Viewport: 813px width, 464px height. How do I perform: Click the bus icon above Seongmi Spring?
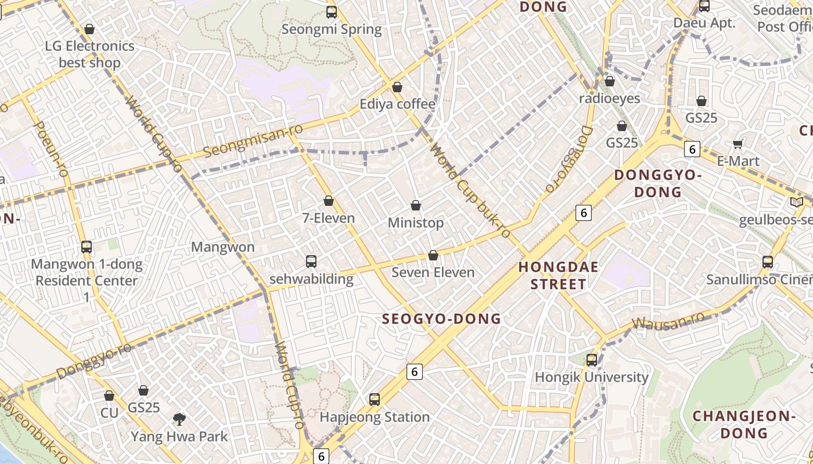pos(332,12)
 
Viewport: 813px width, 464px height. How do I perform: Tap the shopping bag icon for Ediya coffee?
pos(397,88)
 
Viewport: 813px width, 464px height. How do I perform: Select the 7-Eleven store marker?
pos(329,201)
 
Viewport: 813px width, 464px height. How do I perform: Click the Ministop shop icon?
pos(416,205)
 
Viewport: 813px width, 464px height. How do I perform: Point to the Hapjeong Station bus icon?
pos(375,400)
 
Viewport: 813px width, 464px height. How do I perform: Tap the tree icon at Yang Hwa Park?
pos(179,418)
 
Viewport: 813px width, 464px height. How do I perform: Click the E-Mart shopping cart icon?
pos(738,144)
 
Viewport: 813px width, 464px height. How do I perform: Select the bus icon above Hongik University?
pos(592,360)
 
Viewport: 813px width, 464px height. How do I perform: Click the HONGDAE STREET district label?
pos(552,275)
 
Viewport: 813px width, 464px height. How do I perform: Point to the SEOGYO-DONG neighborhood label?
pos(441,318)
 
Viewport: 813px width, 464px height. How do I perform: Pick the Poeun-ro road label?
pos(52,148)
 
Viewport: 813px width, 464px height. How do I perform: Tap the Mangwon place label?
pos(223,247)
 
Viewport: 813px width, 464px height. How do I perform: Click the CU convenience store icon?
pos(109,396)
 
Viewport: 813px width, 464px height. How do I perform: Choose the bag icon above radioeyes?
pos(609,82)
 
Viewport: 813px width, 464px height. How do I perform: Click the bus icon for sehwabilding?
pos(311,262)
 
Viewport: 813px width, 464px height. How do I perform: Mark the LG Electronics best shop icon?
pos(89,29)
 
